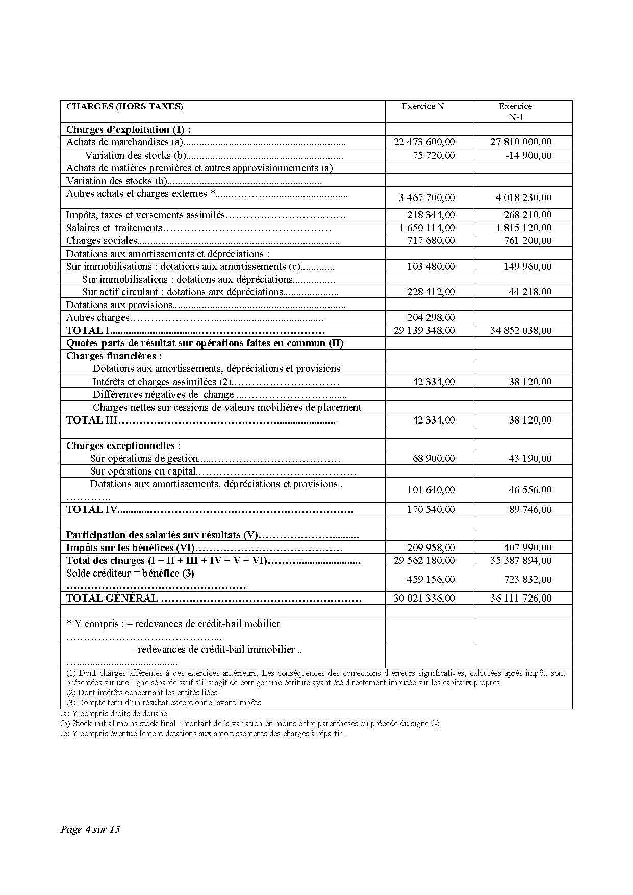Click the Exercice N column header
click(422, 106)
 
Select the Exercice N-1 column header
click(515, 111)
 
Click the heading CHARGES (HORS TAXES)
click(124, 106)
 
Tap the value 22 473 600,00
click(424, 142)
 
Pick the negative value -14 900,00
click(528, 155)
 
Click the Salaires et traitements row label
click(114, 228)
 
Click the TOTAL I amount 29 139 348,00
click(424, 330)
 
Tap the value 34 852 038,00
click(521, 330)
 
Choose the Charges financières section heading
click(114, 356)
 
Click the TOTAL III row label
click(92, 420)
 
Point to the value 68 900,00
click(434, 458)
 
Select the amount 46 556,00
click(530, 490)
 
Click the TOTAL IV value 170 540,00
click(431, 509)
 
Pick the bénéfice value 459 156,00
click(431, 579)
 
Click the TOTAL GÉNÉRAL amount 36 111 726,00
click(521, 598)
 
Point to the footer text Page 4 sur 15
click(90, 829)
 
